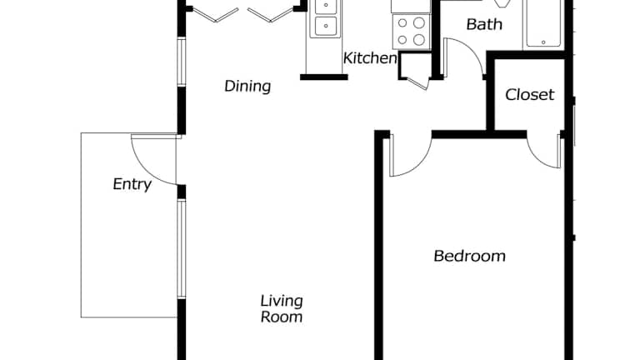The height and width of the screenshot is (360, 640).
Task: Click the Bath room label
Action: (x=484, y=24)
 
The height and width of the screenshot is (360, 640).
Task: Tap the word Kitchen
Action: (x=370, y=58)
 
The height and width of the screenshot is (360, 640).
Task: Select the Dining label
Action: (x=247, y=86)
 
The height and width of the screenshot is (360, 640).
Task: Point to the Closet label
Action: (x=529, y=95)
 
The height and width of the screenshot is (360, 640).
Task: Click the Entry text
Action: (x=132, y=184)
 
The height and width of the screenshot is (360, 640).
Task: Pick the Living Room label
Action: (x=282, y=308)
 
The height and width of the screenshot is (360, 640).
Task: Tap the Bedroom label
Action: (x=469, y=256)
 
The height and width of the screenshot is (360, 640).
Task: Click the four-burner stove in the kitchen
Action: (x=411, y=31)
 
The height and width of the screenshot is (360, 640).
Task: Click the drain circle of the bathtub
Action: (x=543, y=42)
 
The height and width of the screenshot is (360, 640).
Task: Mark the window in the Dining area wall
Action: (x=182, y=62)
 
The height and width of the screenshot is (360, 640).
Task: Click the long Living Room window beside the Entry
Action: (x=182, y=248)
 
